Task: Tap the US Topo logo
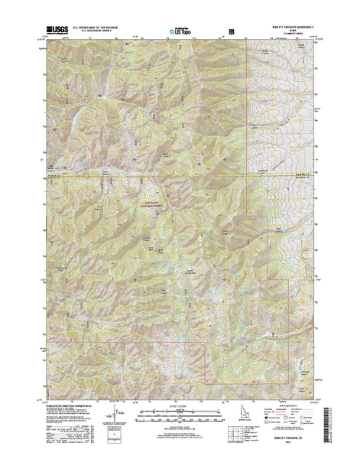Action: click(174, 31)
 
